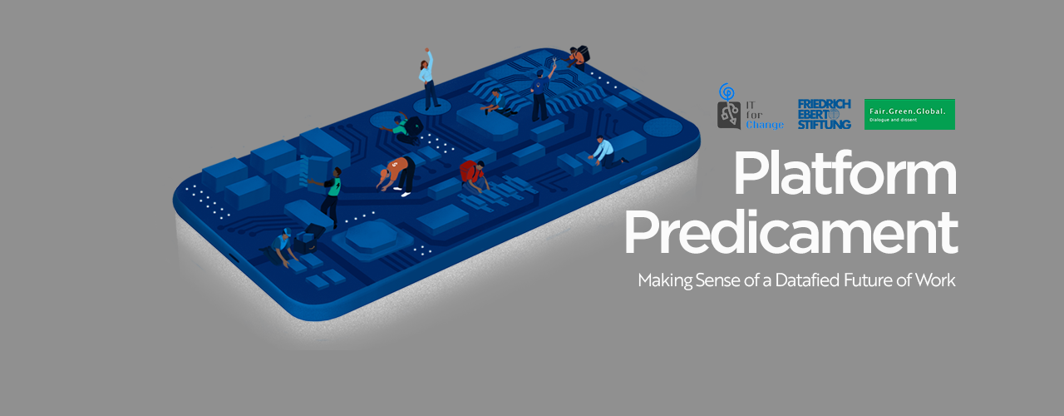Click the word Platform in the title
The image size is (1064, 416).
[845, 174]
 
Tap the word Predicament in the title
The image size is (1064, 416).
[791, 234]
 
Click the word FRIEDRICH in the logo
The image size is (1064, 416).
[824, 104]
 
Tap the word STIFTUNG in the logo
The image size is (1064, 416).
[824, 125]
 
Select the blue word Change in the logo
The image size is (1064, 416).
[764, 125]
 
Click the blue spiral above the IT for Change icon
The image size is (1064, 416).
[727, 92]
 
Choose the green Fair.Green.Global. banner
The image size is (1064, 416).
[909, 114]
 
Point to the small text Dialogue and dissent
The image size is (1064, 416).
[893, 120]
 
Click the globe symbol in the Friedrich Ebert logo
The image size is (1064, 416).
[834, 114]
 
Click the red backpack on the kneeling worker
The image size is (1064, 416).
[468, 171]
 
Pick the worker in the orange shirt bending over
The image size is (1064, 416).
[397, 176]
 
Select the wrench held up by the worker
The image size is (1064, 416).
[554, 61]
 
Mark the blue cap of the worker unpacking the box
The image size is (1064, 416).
[287, 232]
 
